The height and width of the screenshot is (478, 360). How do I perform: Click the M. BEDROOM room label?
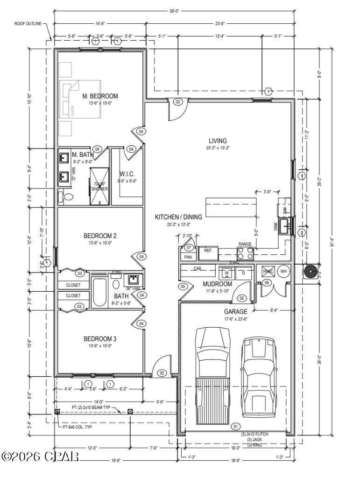(x=100, y=96)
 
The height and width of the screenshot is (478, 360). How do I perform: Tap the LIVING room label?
(x=218, y=141)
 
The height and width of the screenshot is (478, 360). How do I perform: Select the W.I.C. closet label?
(x=127, y=174)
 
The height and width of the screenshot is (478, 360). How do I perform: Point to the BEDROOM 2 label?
(x=100, y=236)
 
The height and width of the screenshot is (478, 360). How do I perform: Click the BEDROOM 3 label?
(x=100, y=338)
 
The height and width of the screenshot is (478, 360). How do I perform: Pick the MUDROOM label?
(x=217, y=284)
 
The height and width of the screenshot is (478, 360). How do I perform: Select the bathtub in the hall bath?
(x=100, y=293)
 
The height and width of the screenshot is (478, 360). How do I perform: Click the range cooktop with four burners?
(x=246, y=253)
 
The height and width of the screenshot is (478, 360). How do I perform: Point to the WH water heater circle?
(x=283, y=271)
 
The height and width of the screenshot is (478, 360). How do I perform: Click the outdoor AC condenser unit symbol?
(x=310, y=272)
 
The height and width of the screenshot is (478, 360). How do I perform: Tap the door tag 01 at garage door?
(x=235, y=426)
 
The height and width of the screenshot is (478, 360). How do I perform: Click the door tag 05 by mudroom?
(x=183, y=286)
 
